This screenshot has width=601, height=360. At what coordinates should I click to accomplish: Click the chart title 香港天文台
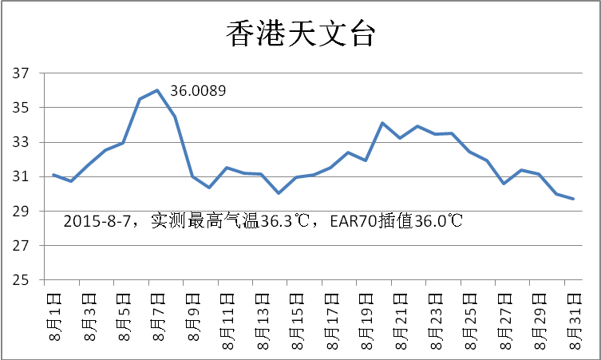[x=300, y=34]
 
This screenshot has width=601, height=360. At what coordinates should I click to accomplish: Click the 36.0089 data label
[x=198, y=92]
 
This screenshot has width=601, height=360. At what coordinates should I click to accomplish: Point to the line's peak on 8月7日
[x=157, y=90]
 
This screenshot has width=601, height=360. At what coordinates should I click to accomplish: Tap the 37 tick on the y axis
[x=22, y=73]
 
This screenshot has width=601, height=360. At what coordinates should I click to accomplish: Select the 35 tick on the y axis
[x=22, y=108]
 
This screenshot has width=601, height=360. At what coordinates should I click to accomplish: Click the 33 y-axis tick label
[x=22, y=143]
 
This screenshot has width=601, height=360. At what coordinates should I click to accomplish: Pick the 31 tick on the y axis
[x=22, y=177]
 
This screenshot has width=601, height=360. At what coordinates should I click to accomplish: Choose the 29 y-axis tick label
[x=22, y=212]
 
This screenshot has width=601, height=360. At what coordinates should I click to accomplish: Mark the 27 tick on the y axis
[x=22, y=246]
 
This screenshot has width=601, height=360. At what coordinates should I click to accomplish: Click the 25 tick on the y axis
[x=22, y=281]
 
